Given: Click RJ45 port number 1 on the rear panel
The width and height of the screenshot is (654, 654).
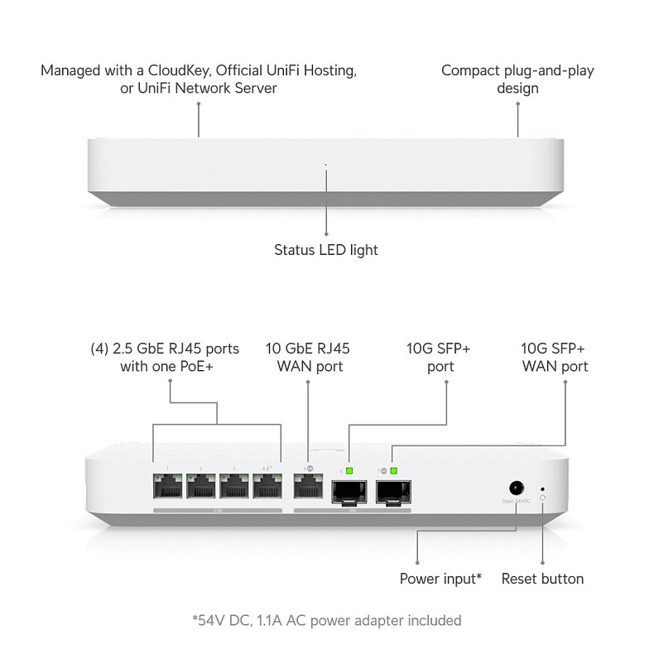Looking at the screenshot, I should tap(169, 489).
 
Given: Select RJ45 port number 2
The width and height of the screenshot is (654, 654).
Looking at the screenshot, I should tap(202, 489).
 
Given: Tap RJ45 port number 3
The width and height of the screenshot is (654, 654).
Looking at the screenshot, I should tap(235, 489).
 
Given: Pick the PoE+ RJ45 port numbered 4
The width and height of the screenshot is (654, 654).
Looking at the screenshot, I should tap(268, 489).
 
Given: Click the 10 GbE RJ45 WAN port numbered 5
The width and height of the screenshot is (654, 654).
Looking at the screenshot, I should tap(309, 489).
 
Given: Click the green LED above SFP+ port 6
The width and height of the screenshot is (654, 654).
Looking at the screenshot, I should tap(350, 472).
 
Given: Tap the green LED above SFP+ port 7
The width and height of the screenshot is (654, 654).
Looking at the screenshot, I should tap(394, 472).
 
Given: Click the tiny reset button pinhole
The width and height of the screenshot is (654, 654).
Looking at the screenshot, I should tap(542, 488).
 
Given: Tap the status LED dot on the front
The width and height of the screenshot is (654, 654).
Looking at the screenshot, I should tap(326, 165).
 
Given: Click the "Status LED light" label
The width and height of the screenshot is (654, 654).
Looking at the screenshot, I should tap(326, 249).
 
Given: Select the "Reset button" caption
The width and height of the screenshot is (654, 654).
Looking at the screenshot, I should tap(542, 579).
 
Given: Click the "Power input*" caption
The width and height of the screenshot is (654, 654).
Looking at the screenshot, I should tap(441, 579).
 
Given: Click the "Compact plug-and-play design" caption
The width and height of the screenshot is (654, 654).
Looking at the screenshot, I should tap(517, 79).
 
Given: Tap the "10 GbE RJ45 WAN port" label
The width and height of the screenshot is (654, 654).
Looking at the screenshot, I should tap(307, 357).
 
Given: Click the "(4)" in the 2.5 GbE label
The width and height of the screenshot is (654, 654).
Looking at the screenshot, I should tap(99, 349).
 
